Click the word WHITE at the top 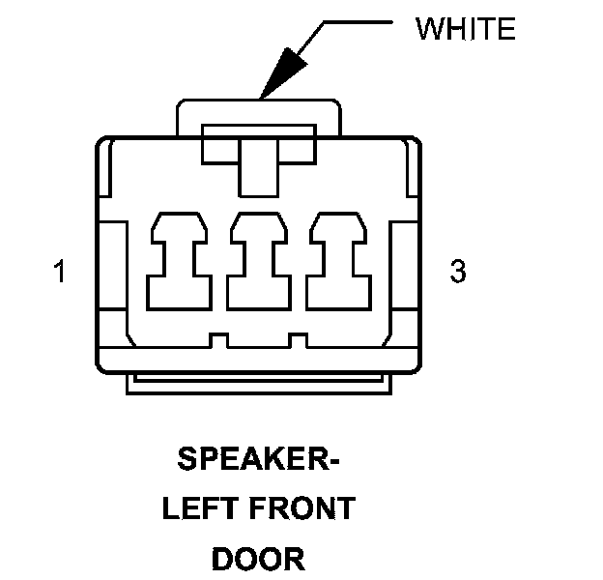(x=465, y=29)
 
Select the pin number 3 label (x=458, y=272)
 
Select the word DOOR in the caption (x=258, y=558)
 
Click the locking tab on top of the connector (x=258, y=114)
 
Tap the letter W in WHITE (x=428, y=29)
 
